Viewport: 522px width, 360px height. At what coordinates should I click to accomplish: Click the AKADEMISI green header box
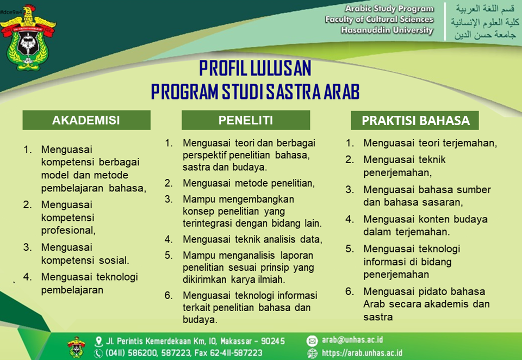pos(86,120)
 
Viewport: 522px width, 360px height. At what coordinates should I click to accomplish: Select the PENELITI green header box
pos(246,120)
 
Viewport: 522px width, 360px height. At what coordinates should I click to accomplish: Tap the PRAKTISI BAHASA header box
pos(415,120)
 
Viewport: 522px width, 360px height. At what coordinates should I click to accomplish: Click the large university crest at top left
pos(28,38)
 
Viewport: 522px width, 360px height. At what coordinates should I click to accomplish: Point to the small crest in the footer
pos(76,347)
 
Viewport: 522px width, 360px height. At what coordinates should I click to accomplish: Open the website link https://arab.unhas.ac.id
pos(362,353)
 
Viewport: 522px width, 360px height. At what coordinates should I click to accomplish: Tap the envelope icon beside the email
pos(312,340)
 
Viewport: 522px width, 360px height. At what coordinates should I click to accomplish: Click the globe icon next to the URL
pos(312,353)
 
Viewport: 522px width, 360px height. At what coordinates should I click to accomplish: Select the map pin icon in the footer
pos(98,342)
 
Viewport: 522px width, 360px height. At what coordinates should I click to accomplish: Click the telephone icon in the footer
pos(98,353)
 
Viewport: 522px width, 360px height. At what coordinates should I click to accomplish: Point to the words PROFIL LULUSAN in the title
pos(255,69)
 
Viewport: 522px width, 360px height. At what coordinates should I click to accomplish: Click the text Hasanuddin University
pos(387,30)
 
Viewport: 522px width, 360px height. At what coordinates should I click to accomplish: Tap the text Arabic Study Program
pos(389,9)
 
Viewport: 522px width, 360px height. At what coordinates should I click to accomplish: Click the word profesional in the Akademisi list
pos(69,231)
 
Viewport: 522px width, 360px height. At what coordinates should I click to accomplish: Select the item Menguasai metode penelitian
pos(248,183)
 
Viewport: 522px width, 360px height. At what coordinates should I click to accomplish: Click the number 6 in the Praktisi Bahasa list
pos(350,291)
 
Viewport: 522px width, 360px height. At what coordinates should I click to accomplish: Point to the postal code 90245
pos(273,342)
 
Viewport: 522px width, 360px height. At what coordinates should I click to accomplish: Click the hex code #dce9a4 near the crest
pos(11,13)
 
